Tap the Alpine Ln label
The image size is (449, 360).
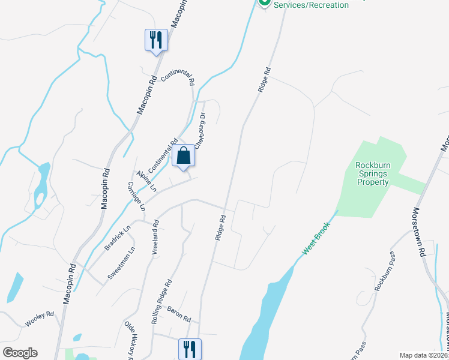click(146, 181)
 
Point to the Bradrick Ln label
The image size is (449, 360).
click(118, 238)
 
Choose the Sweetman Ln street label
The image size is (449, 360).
click(121, 265)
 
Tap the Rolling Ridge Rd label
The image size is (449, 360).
click(162, 302)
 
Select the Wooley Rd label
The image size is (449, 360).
click(40, 319)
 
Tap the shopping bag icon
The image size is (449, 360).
click(184, 155)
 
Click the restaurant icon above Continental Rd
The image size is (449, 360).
click(156, 40)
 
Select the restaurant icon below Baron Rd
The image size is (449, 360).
click(190, 349)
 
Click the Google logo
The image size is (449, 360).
click(20, 353)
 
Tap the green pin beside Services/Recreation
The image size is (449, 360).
click(264, 4)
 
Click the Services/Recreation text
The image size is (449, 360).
click(311, 5)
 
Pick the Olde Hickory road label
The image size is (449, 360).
click(130, 339)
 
